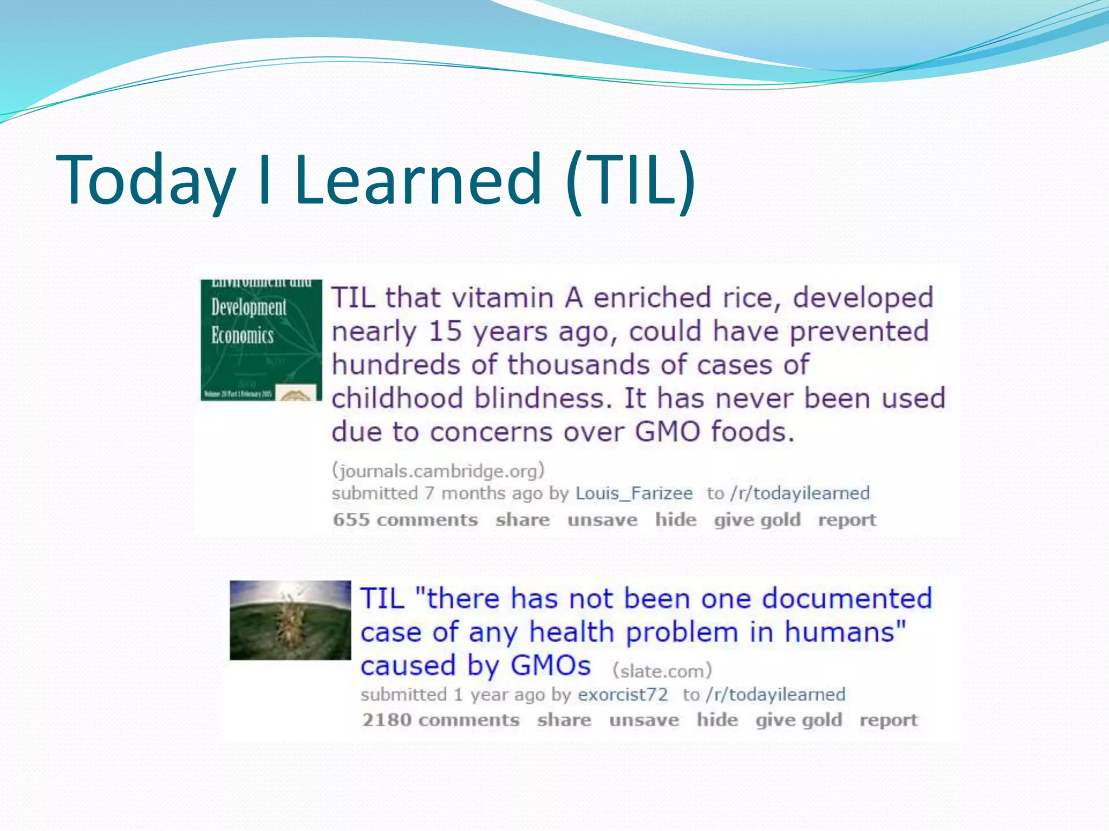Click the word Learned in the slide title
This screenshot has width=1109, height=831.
pyautogui.click(x=418, y=180)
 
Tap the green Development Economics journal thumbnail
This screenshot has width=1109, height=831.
pyautogui.click(x=261, y=340)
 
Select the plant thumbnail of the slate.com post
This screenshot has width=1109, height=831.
pyautogui.click(x=290, y=620)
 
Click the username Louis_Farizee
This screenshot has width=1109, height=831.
pyautogui.click(x=634, y=493)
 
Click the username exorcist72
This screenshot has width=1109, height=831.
pyautogui.click(x=623, y=695)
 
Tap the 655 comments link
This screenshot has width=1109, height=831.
pyautogui.click(x=406, y=520)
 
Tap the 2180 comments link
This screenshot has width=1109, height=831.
pyautogui.click(x=441, y=720)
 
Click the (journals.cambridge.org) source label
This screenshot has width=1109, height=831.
pyautogui.click(x=438, y=471)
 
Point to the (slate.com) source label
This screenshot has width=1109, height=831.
pyautogui.click(x=662, y=671)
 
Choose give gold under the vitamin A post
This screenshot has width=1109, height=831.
pyautogui.click(x=757, y=520)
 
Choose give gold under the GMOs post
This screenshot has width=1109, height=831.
pyautogui.click(x=799, y=720)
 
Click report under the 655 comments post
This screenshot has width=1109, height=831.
pyautogui.click(x=847, y=520)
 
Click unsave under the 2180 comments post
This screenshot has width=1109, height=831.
pyautogui.click(x=644, y=720)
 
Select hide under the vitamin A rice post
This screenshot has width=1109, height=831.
pyautogui.click(x=676, y=520)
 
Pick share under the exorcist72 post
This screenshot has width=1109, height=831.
pyautogui.click(x=564, y=720)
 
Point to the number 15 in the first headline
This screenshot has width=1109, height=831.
pyautogui.click(x=445, y=332)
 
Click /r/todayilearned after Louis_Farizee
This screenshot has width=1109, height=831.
pyautogui.click(x=800, y=493)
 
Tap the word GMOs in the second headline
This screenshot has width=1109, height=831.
pyautogui.click(x=551, y=665)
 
